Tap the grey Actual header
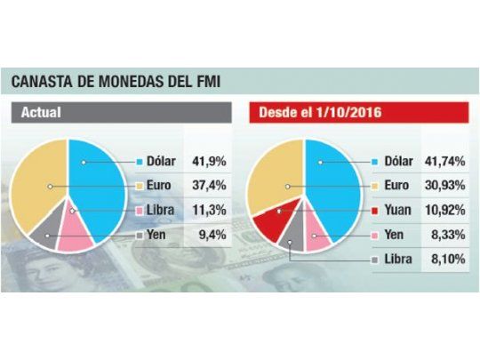pos(121,114)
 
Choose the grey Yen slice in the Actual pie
pos(46,231)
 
